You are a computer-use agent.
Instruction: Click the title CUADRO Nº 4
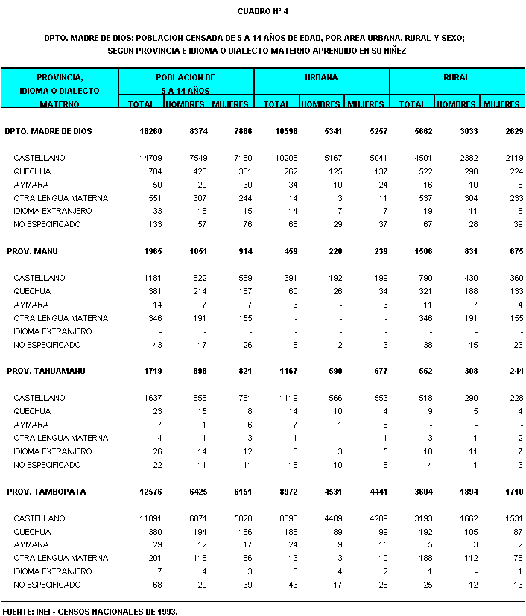click(262, 11)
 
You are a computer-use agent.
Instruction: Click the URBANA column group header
click(321, 77)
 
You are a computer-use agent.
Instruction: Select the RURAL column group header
click(456, 77)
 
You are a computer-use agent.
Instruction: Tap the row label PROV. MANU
click(32, 251)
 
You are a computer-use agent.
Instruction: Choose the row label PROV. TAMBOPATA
click(44, 492)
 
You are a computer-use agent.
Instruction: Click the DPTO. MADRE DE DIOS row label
click(48, 131)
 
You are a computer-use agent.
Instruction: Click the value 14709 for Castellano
click(145, 158)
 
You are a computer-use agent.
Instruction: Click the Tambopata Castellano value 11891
click(145, 518)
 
